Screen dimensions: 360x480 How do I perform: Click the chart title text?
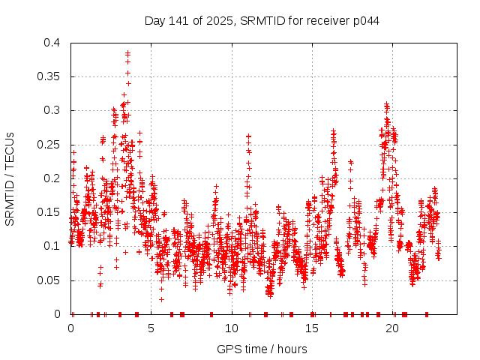[x=262, y=20]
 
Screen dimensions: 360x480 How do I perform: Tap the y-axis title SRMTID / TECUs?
[x=10, y=178]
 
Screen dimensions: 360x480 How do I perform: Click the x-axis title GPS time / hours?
[x=262, y=349]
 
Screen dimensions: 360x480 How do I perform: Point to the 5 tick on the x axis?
[x=151, y=328]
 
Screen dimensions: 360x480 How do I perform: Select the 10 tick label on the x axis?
[x=232, y=328]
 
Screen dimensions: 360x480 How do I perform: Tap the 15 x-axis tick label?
[x=312, y=328]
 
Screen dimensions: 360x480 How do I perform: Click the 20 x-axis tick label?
[x=392, y=328]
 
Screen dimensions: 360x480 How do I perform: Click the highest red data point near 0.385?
[x=128, y=52]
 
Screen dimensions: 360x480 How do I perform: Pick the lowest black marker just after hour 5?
[x=161, y=299]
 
